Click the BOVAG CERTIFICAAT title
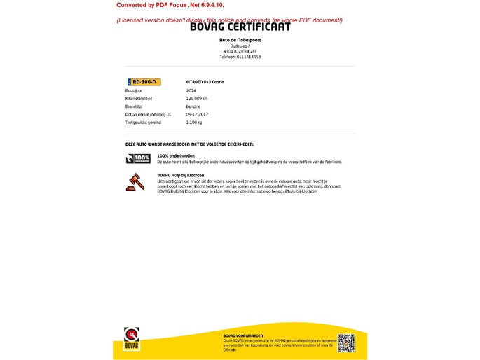240,27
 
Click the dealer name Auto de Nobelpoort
240,40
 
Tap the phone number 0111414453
240,57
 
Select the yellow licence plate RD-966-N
143,82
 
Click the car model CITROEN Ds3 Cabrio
205,82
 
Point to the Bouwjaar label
134,91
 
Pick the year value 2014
191,91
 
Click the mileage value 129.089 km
197,99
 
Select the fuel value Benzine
193,106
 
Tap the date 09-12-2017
197,114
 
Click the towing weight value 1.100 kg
194,122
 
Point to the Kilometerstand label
139,99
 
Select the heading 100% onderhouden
176,155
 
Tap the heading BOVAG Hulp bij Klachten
181,174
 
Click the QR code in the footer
346,342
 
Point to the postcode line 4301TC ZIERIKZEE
240,51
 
